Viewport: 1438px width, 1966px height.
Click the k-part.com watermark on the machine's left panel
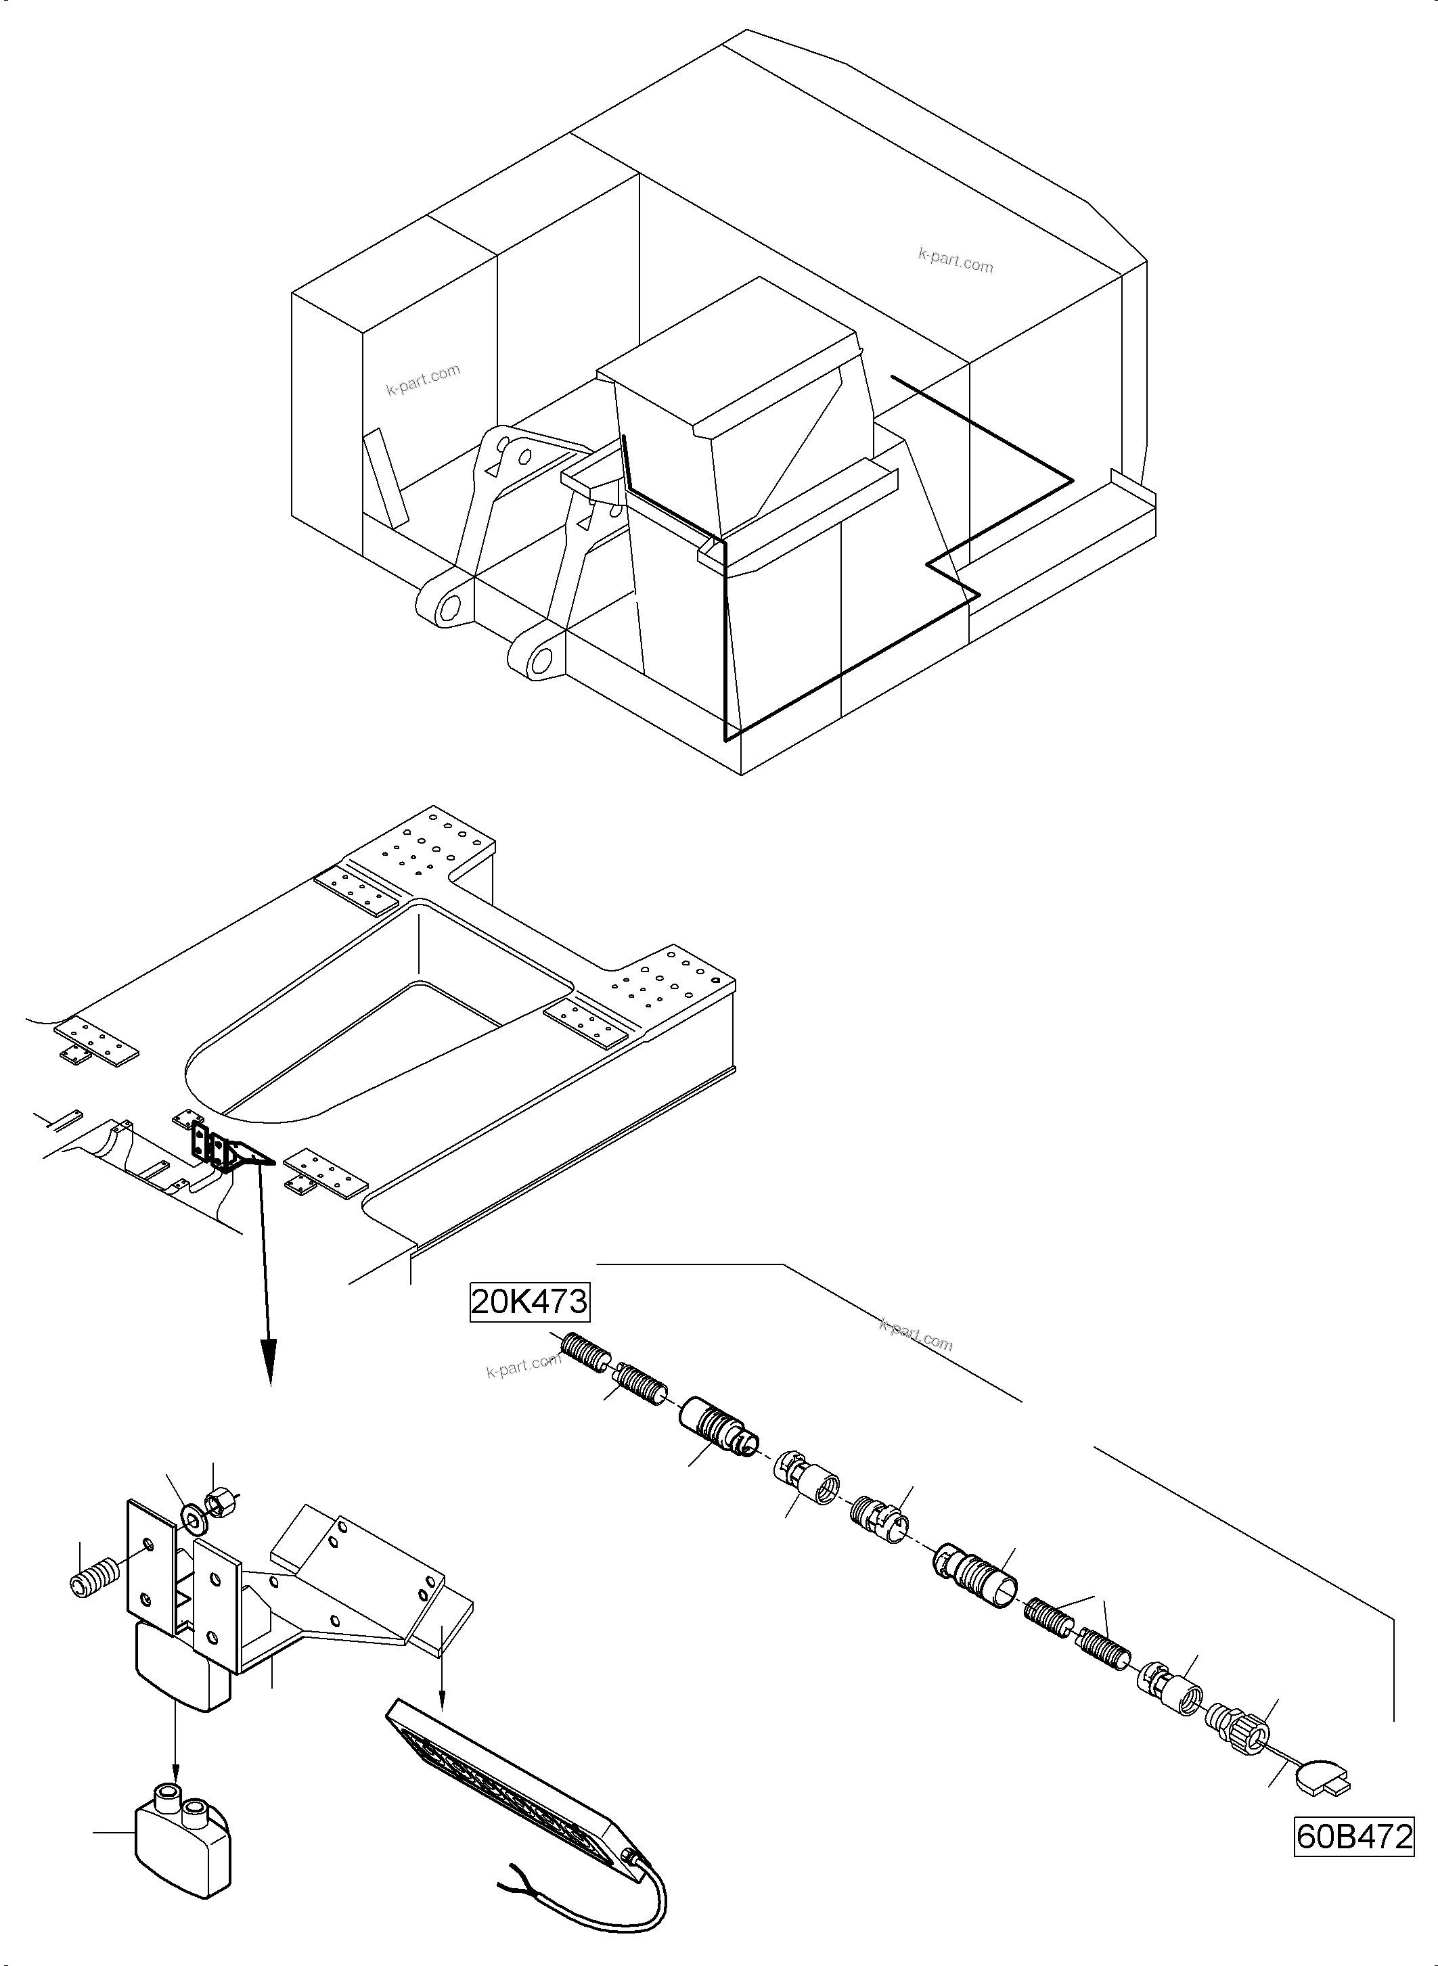(423, 380)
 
